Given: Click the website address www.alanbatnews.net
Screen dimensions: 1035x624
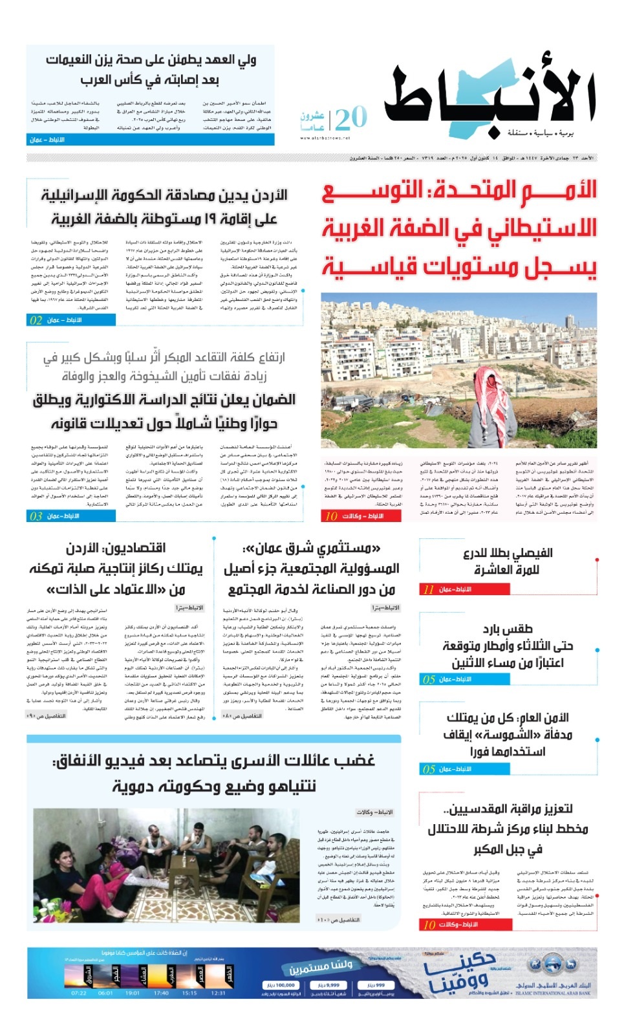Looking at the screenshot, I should (325, 138).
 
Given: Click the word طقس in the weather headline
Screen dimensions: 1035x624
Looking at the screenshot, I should (517, 629).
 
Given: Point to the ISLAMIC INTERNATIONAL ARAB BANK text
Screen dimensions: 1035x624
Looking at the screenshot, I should (553, 994).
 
